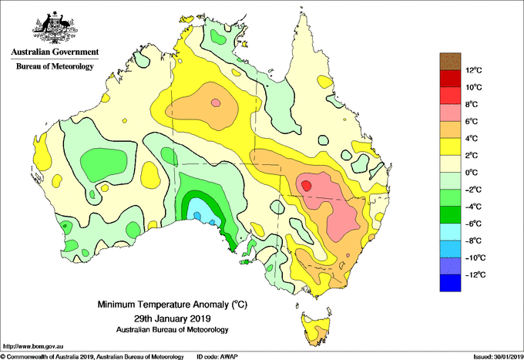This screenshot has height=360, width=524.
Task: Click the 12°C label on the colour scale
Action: click(474, 70)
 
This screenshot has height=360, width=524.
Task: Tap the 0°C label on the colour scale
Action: click(472, 173)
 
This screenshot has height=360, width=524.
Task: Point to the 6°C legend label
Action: click(472, 121)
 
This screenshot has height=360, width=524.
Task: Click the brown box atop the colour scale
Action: click(450, 62)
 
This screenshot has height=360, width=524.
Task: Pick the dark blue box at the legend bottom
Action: click(450, 283)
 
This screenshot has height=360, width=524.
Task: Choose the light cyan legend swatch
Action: click(450, 232)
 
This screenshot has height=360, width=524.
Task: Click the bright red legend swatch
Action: click(450, 96)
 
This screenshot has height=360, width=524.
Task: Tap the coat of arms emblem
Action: click(55, 28)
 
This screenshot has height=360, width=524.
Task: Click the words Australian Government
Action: click(55, 52)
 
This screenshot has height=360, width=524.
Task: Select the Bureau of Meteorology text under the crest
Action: click(55, 66)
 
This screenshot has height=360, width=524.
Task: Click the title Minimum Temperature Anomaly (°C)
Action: click(172, 304)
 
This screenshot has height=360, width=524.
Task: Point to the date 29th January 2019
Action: click(172, 318)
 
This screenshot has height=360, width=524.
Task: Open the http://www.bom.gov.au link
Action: click(33, 346)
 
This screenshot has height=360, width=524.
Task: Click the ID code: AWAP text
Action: click(217, 357)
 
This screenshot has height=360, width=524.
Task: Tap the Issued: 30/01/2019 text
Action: click(499, 357)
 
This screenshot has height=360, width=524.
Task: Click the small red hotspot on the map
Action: click(306, 185)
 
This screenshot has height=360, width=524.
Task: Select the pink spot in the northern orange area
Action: click(216, 103)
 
